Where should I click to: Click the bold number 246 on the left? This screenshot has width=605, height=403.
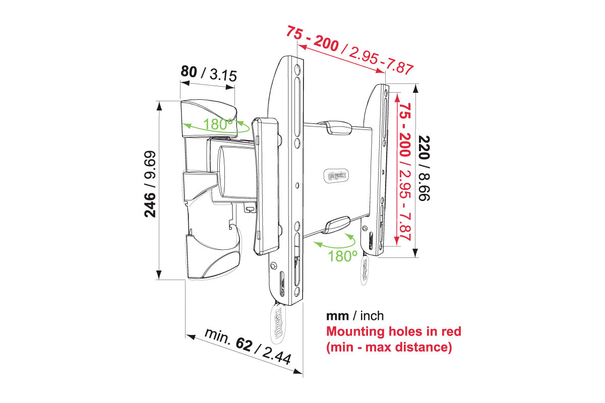[x=150, y=205]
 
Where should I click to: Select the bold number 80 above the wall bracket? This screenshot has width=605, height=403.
[x=189, y=72]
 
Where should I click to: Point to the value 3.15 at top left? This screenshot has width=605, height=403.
[x=223, y=75]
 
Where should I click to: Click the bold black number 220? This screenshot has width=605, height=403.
[x=424, y=148]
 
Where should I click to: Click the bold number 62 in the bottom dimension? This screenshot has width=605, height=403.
[x=244, y=345]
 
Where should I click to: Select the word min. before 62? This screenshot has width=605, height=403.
[x=217, y=337]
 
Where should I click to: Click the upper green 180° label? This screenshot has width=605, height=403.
[x=218, y=124]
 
